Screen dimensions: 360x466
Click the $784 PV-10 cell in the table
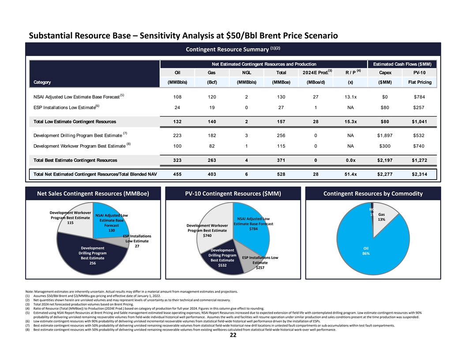click(419, 97)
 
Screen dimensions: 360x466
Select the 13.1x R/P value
click(351, 97)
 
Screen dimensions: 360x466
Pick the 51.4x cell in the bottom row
click(351, 174)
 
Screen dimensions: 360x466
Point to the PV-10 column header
click(419, 73)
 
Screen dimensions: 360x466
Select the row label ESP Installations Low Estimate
click(61, 107)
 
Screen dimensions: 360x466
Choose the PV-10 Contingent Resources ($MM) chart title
click(232, 193)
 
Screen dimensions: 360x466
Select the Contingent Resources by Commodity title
click(373, 193)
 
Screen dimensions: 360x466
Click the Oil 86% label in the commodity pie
click(366, 251)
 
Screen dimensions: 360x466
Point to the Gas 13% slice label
click(382, 217)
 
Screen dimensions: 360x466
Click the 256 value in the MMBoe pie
click(92, 263)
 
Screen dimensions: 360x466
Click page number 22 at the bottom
click(233, 335)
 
